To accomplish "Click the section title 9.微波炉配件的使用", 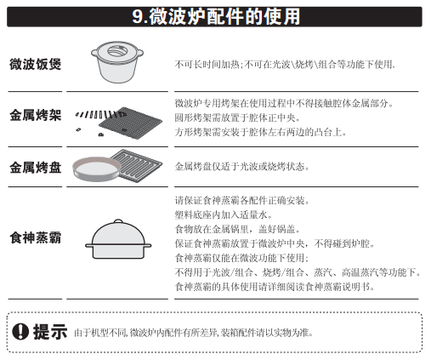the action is click(x=216, y=17).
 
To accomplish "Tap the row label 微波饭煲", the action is click(x=36, y=64).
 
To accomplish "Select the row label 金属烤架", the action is click(x=36, y=115).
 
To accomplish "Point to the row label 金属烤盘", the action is click(x=36, y=167).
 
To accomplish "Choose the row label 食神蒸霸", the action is click(x=36, y=237).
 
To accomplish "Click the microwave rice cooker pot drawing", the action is click(x=117, y=62).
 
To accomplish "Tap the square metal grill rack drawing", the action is click(x=130, y=123).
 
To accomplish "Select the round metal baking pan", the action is click(x=97, y=169).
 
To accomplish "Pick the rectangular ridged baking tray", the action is click(x=137, y=165).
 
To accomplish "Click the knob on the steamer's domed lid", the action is click(x=118, y=221).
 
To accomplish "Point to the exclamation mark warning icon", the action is click(x=20, y=331).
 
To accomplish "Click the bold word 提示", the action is click(x=50, y=331).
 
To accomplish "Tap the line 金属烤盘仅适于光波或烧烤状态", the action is click(x=241, y=167).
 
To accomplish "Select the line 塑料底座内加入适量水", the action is click(x=224, y=214).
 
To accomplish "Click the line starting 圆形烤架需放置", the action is click(x=237, y=117).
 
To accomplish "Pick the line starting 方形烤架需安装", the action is click(x=260, y=132).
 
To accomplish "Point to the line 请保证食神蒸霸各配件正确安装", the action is click(x=242, y=200).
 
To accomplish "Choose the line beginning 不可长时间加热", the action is click(x=285, y=65).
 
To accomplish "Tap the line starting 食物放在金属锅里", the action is click(x=237, y=229).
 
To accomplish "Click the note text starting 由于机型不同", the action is click(x=194, y=333).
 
